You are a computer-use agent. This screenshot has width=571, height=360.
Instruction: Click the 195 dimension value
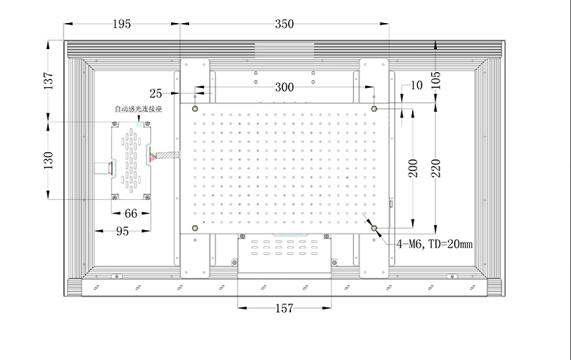pyautogui.click(x=121, y=24)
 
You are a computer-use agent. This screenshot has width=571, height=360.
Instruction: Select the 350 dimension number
pyautogui.click(x=284, y=24)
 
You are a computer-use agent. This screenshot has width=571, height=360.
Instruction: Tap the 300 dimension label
pyautogui.click(x=284, y=87)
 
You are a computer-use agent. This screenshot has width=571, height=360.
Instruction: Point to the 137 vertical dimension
pyautogui.click(x=48, y=81)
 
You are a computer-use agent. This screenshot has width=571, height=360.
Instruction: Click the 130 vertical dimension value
pyautogui.click(x=48, y=161)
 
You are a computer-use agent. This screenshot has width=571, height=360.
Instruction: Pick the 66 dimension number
pyautogui.click(x=131, y=214)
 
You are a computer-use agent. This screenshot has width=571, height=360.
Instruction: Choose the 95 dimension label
pyautogui.click(x=123, y=231)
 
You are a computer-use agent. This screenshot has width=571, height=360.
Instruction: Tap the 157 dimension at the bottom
pyautogui.click(x=284, y=308)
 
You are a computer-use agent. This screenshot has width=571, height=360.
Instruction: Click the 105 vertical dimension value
pyautogui.click(x=436, y=81)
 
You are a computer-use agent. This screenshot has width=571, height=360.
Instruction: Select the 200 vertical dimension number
pyautogui.click(x=413, y=168)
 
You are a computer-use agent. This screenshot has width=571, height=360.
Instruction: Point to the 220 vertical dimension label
pyautogui.click(x=436, y=168)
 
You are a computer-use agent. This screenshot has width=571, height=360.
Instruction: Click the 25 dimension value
pyautogui.click(x=156, y=94)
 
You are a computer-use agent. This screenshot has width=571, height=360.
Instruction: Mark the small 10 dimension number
pyautogui.click(x=417, y=85)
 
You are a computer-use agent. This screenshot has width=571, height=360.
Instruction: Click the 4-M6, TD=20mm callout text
pyautogui.click(x=435, y=244)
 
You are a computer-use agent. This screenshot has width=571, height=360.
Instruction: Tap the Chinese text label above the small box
pyautogui.click(x=139, y=109)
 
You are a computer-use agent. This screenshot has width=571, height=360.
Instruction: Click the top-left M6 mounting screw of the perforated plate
pyautogui.click(x=195, y=108)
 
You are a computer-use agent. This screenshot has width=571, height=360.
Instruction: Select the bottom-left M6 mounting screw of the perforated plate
pyautogui.click(x=195, y=228)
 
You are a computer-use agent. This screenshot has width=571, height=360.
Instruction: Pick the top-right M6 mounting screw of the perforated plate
pyautogui.click(x=374, y=108)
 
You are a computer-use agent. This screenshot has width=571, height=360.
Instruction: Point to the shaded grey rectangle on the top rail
pyautogui.click(x=284, y=51)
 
